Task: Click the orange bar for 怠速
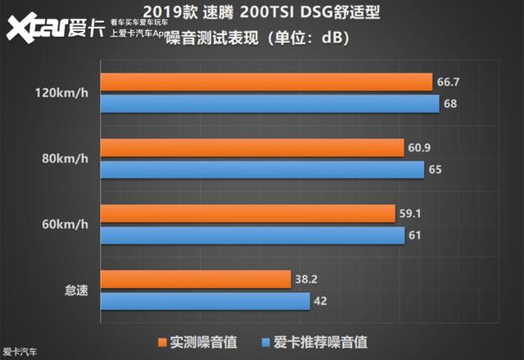pyautogui.click(x=195, y=279)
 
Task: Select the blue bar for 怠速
pyautogui.click(x=205, y=300)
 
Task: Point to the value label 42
pyautogui.click(x=322, y=300)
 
